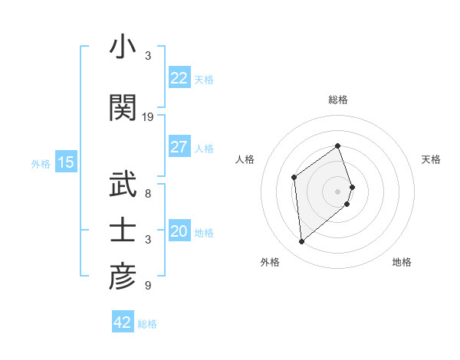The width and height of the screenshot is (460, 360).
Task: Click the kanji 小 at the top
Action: pyautogui.click(x=123, y=47)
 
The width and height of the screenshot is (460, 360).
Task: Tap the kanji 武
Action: pyautogui.click(x=123, y=185)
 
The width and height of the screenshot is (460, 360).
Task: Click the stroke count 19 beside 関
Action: pyautogui.click(x=148, y=117)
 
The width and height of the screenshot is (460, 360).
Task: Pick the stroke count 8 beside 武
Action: pyautogui.click(x=148, y=195)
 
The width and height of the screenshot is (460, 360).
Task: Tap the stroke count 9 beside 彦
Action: pyautogui.click(x=148, y=286)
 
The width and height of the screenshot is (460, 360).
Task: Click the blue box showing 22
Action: pyautogui.click(x=179, y=78)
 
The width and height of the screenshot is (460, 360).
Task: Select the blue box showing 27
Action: pyautogui.click(x=179, y=147)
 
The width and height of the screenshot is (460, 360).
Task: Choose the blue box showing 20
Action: pyautogui.click(x=179, y=231)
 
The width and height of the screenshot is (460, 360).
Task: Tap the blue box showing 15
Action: pyautogui.click(x=65, y=162)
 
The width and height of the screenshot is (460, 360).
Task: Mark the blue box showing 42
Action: pyautogui.click(x=123, y=322)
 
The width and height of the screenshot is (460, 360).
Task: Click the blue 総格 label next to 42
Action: pyautogui.click(x=147, y=324)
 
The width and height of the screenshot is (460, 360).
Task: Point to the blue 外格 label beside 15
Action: pyautogui.click(x=41, y=163)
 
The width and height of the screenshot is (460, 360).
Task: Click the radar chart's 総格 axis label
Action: pyautogui.click(x=338, y=100)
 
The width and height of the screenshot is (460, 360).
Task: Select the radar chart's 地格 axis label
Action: pyautogui.click(x=402, y=262)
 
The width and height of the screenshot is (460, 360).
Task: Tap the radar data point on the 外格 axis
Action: pyautogui.click(x=302, y=242)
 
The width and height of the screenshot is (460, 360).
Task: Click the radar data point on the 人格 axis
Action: pyautogui.click(x=294, y=178)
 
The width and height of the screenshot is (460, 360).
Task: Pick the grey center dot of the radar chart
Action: pyautogui.click(x=338, y=191)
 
